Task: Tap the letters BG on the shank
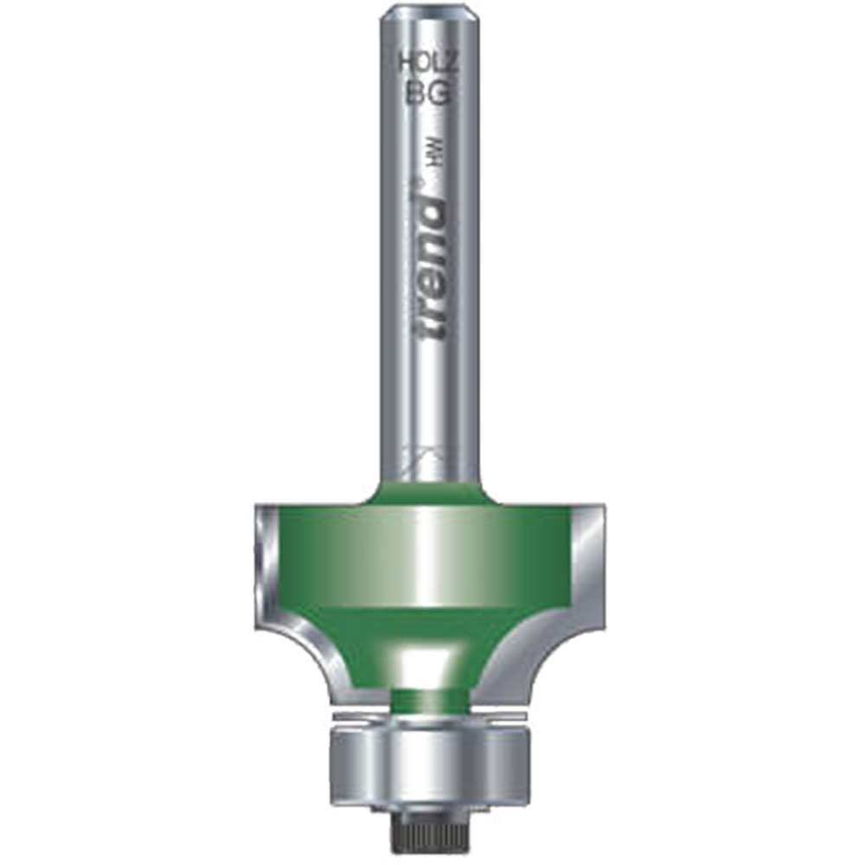point(429,91)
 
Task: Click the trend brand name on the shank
point(429,268)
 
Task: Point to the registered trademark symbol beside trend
point(416,183)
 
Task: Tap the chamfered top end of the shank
point(429,14)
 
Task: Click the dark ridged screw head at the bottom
point(430,830)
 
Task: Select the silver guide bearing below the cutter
point(429,761)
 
